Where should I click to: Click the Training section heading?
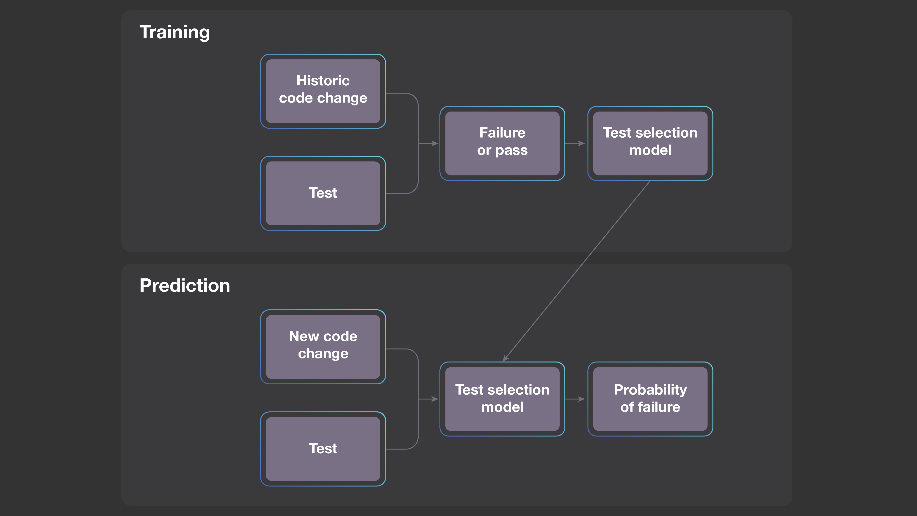[x=174, y=32]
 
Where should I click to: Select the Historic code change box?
[x=323, y=91]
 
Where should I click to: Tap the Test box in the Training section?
[x=323, y=193]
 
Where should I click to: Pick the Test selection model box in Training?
[x=650, y=143]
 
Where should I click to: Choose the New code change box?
[x=323, y=347]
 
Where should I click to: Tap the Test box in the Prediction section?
[x=323, y=449]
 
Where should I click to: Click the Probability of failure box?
[x=650, y=399]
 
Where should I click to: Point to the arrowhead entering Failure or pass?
[x=435, y=144]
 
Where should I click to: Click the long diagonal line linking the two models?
[x=577, y=271]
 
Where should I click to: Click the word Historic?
[x=323, y=80]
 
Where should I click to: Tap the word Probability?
[x=650, y=390]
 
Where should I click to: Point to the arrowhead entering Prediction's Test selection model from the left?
[x=435, y=399]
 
